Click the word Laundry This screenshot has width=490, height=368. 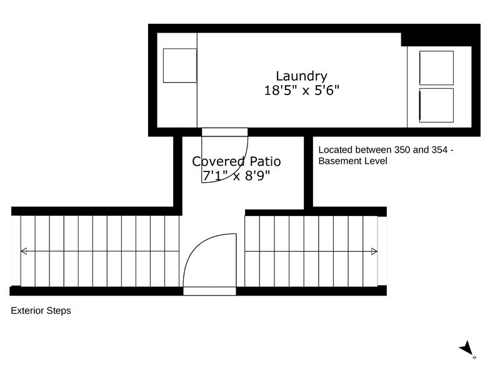pyautogui.click(x=302, y=76)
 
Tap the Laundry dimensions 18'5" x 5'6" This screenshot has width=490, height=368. pyautogui.click(x=302, y=90)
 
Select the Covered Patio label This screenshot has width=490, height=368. pyautogui.click(x=236, y=161)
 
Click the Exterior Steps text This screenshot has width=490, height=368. pyautogui.click(x=41, y=310)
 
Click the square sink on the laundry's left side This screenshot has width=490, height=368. pyautogui.click(x=179, y=65)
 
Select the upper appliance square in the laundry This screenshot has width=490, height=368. pyautogui.click(x=436, y=68)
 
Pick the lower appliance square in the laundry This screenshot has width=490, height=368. pyautogui.click(x=436, y=105)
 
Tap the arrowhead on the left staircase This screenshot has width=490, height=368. pyautogui.click(x=24, y=252)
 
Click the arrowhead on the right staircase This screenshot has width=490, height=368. pyautogui.click(x=374, y=252)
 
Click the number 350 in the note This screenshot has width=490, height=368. pyautogui.click(x=402, y=150)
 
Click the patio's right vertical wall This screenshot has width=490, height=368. pyautogui.click(x=308, y=172)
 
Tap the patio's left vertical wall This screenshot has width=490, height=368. pyautogui.click(x=177, y=172)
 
